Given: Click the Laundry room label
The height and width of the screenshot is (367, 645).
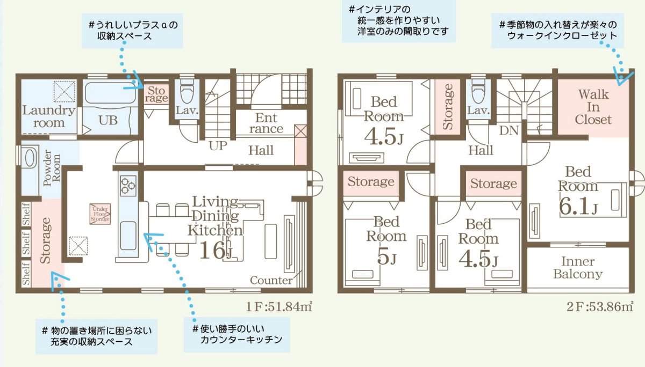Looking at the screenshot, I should click(48, 116).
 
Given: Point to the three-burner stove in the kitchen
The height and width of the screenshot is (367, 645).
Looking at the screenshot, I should click(127, 186).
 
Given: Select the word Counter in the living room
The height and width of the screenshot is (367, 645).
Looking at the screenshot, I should click(271, 280).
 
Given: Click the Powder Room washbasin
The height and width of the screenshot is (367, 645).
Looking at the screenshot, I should click(28, 159).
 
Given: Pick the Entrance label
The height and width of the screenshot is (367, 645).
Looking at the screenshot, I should click(266, 123).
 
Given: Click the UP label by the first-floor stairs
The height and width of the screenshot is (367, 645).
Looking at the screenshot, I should click(218, 146).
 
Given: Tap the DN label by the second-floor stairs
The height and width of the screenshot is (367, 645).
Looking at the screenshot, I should click(508, 130).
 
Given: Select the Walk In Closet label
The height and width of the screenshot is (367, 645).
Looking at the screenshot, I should click(593, 107).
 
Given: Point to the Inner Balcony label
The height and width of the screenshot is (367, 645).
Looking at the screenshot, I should click(578, 268).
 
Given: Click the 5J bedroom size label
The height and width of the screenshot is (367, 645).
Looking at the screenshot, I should click(386, 258).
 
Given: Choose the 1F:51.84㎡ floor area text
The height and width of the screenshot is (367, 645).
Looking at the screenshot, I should click(279, 307).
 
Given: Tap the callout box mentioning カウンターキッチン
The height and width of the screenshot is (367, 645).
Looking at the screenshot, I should click(236, 334).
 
